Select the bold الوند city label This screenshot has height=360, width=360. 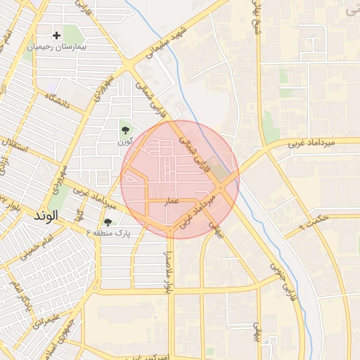pyautogui.click(x=48, y=217)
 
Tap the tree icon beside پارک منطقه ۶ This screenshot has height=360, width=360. pyautogui.click(x=108, y=222)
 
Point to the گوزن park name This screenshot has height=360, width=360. pyautogui.click(x=126, y=143)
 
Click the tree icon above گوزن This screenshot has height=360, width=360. pyautogui.click(x=126, y=130)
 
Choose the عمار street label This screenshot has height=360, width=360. pyautogui.click(x=172, y=201)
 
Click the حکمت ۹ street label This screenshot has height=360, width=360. pyautogui.click(x=314, y=221)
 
